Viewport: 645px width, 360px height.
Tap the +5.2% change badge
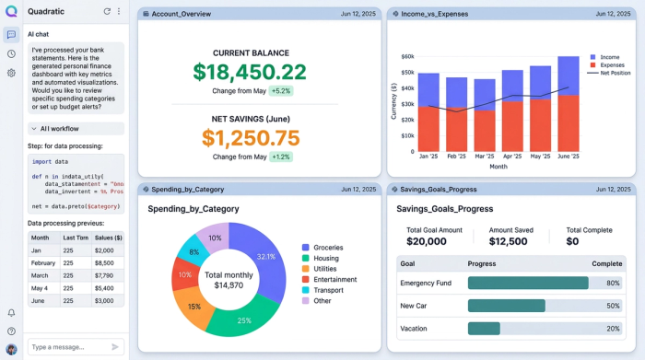pyautogui.click(x=280, y=92)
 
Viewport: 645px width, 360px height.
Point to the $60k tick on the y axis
pyautogui.click(x=406, y=56)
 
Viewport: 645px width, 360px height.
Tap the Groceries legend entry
pyautogui.click(x=329, y=247)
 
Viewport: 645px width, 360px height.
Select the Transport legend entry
pyautogui.click(x=329, y=290)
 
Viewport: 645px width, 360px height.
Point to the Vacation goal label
pyautogui.click(x=415, y=328)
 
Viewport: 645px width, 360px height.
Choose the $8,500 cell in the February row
pyautogui.click(x=104, y=262)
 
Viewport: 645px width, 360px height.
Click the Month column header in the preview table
pyautogui.click(x=41, y=237)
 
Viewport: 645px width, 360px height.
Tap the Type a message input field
pyautogui.click(x=67, y=347)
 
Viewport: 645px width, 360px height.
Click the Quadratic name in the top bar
pyautogui.click(x=46, y=11)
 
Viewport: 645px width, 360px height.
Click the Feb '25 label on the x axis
pyautogui.click(x=456, y=157)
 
